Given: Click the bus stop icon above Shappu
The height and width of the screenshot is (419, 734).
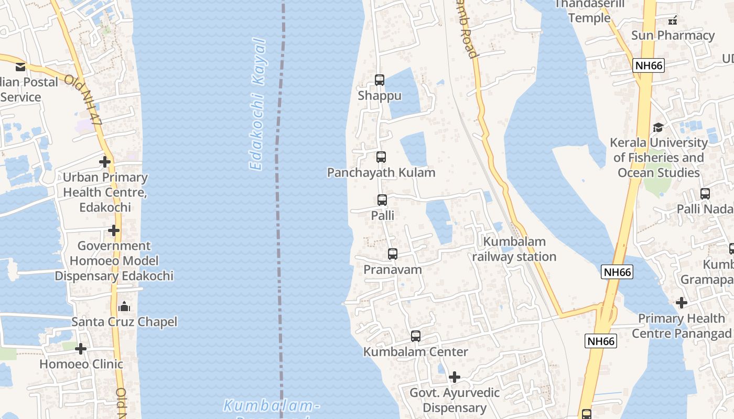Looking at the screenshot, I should pyautogui.click(x=380, y=80).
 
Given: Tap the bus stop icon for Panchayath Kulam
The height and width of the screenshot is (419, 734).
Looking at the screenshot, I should pyautogui.click(x=381, y=157).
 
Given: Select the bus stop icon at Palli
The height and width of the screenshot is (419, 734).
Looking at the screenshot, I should pyautogui.click(x=382, y=200).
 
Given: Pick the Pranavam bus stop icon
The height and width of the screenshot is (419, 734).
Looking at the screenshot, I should pyautogui.click(x=393, y=254).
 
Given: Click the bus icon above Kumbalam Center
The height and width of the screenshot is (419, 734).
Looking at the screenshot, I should pyautogui.click(x=416, y=336).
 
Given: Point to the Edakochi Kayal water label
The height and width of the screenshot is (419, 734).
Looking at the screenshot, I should pyautogui.click(x=257, y=105).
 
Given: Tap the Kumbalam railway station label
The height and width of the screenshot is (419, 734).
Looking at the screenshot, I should pyautogui.click(x=514, y=249).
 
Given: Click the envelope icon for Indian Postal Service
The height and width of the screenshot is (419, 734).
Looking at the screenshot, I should pyautogui.click(x=20, y=67).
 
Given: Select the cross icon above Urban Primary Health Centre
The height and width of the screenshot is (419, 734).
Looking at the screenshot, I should pyautogui.click(x=105, y=161).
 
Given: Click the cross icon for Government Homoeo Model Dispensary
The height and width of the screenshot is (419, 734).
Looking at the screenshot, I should pyautogui.click(x=114, y=230).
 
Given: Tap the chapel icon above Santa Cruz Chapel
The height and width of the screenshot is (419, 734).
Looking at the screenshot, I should pyautogui.click(x=124, y=306).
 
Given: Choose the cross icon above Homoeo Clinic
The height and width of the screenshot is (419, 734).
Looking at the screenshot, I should pyautogui.click(x=81, y=348).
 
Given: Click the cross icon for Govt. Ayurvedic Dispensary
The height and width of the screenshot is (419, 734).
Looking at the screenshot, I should pyautogui.click(x=455, y=377).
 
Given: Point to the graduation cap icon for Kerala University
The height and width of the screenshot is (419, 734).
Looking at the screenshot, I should pyautogui.click(x=658, y=127).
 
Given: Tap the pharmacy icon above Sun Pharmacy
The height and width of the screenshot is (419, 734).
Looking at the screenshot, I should pyautogui.click(x=673, y=20).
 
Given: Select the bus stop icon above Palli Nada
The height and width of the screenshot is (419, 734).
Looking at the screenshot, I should pyautogui.click(x=705, y=193).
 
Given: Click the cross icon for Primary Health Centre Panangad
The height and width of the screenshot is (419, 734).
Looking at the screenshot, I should pyautogui.click(x=682, y=302).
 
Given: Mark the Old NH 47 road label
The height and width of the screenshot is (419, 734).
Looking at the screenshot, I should pyautogui.click(x=84, y=100).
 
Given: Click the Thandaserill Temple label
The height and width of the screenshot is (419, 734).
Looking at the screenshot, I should pyautogui.click(x=589, y=11).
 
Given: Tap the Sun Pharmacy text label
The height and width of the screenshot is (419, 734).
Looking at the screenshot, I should pyautogui.click(x=673, y=35).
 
